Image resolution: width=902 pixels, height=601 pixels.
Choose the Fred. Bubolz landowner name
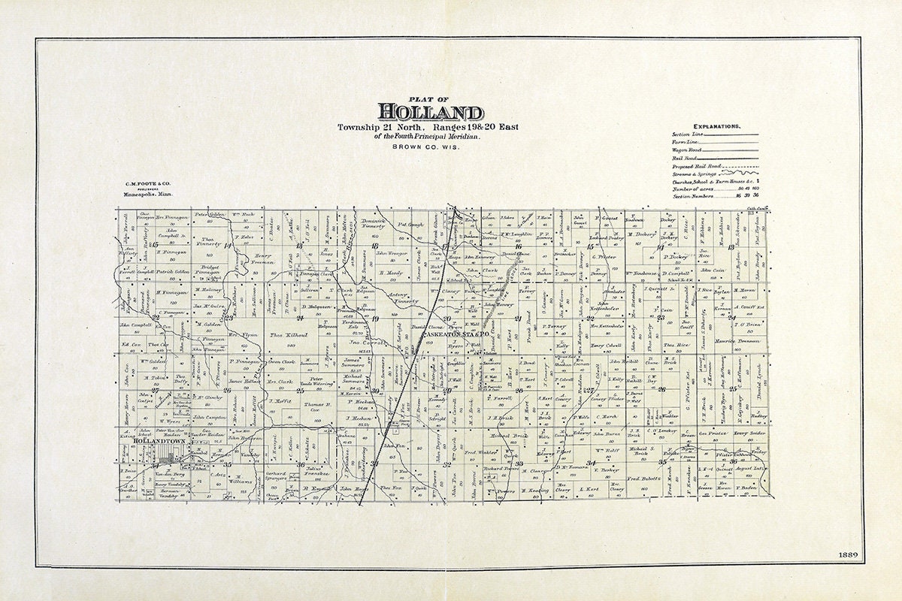[643, 479]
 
